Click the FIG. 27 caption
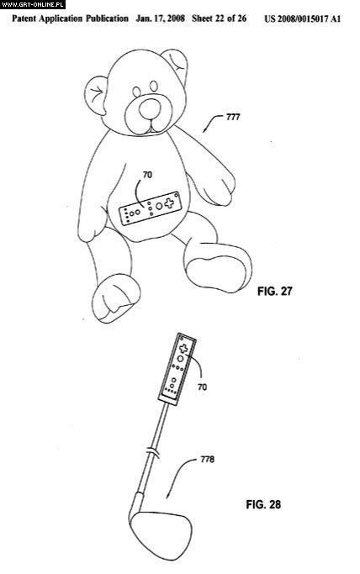pyautogui.click(x=275, y=291)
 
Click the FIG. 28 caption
pyautogui.click(x=263, y=504)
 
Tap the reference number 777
pyautogui.click(x=233, y=117)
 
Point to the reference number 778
pyautogui.click(x=207, y=459)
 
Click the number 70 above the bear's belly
pyautogui.click(x=147, y=175)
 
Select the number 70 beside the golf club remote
pyautogui.click(x=202, y=387)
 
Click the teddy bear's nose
pyautogui.click(x=150, y=108)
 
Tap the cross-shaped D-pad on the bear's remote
pyautogui.click(x=169, y=203)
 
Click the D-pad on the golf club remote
pyautogui.click(x=183, y=348)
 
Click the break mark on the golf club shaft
pyautogui.click(x=153, y=452)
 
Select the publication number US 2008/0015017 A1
pyautogui.click(x=303, y=19)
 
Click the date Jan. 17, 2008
pyautogui.click(x=160, y=18)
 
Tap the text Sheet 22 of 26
pyautogui.click(x=219, y=18)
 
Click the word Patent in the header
pyautogui.click(x=24, y=18)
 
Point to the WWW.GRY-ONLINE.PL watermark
pyautogui.click(x=33, y=4)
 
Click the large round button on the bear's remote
pyautogui.click(x=159, y=206)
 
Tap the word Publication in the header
pyautogui.click(x=108, y=18)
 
